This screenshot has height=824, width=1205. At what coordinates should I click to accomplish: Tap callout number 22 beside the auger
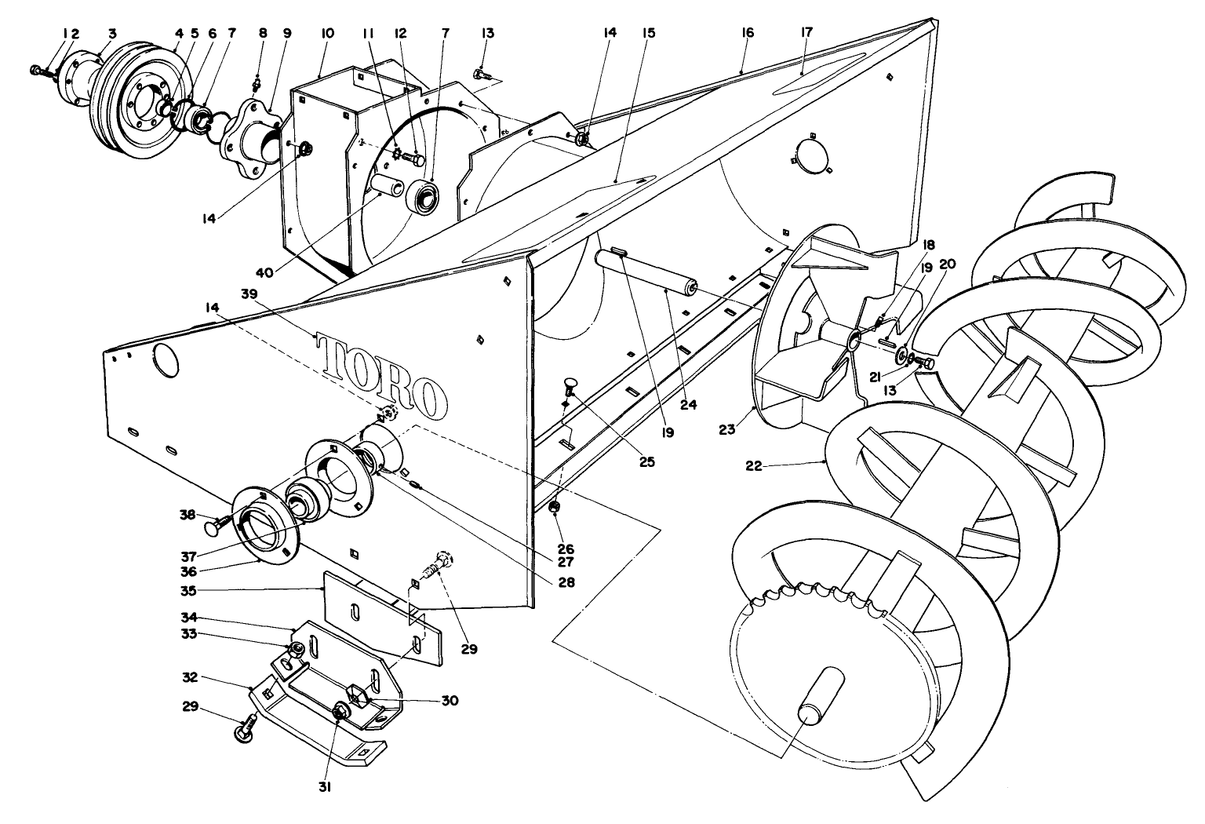pos(753,465)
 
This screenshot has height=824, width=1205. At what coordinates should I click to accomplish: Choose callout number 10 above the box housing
pos(327,33)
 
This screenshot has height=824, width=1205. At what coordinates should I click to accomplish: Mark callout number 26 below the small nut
pos(564,549)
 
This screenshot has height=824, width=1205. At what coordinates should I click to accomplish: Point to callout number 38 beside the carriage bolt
pos(186,514)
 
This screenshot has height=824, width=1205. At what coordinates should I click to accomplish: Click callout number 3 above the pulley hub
pos(112,33)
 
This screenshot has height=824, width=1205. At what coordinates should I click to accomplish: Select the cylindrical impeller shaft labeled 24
pos(647,270)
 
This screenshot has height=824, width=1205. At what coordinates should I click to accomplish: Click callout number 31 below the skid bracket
pos(324,787)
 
